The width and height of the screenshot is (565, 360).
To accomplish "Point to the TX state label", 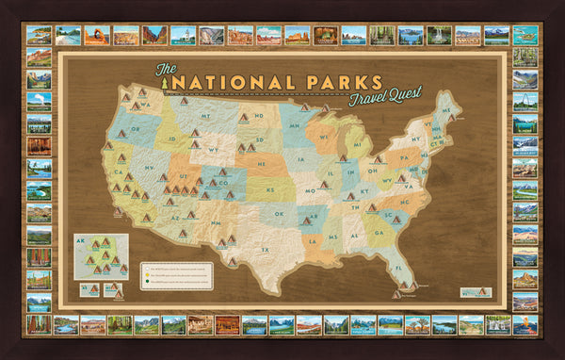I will [266, 250].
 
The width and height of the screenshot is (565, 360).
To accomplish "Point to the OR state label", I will [136, 129].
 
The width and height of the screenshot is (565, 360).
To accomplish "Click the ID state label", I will [171, 142].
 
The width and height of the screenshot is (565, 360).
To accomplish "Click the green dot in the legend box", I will [147, 280].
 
